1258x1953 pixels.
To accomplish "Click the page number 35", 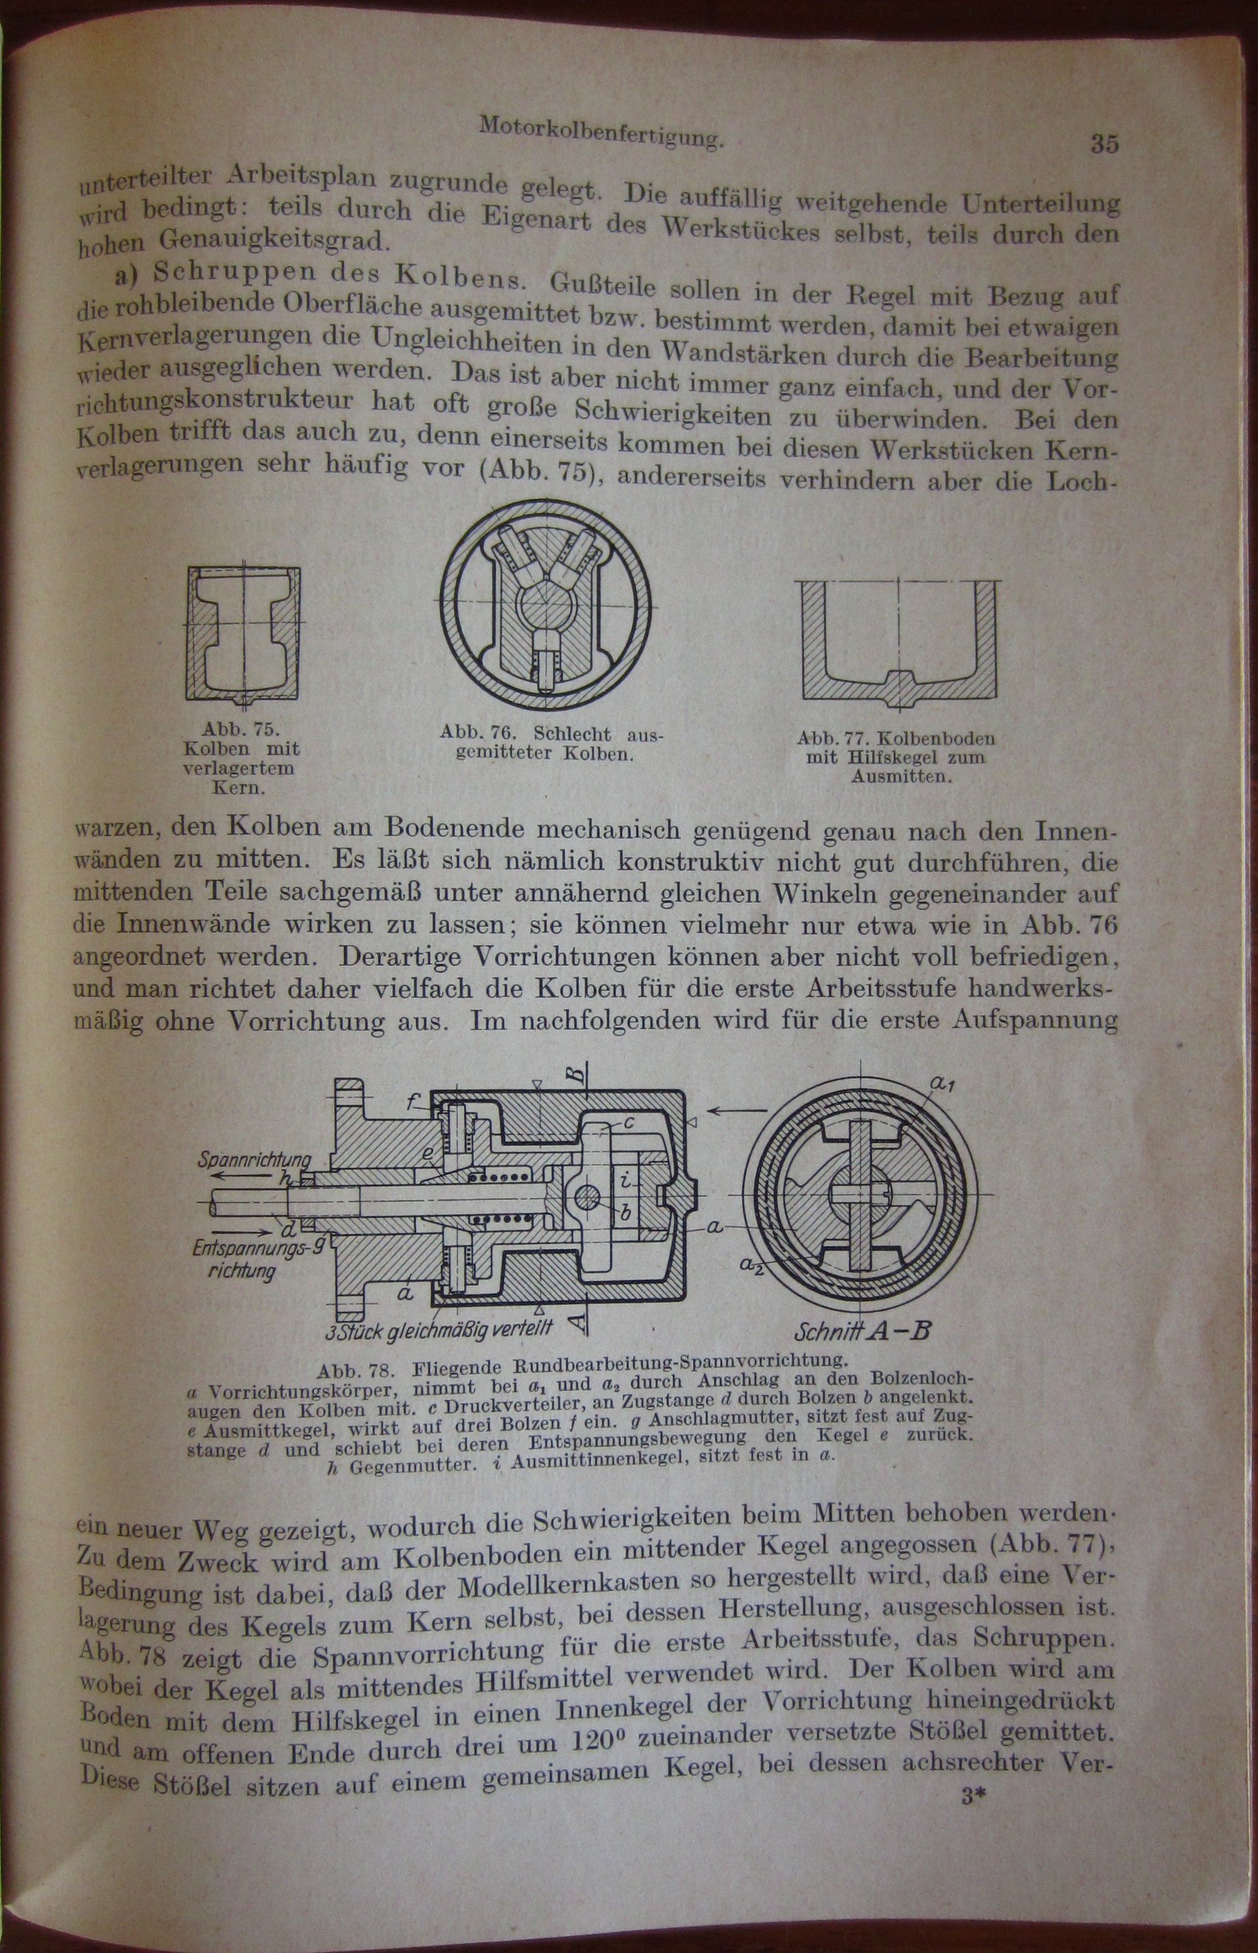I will (1104, 144).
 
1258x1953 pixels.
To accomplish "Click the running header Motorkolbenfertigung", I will (601, 132).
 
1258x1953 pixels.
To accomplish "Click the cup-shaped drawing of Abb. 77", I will (899, 641).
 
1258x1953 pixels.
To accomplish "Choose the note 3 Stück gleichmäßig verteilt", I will (439, 1331).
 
